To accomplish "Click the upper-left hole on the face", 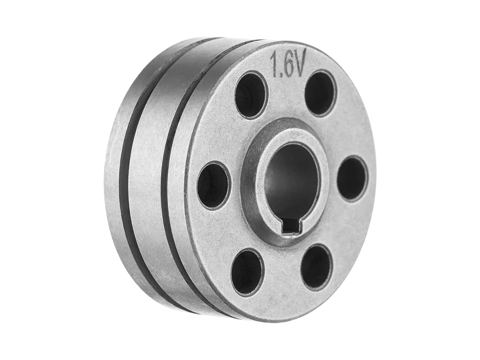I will click(251, 95).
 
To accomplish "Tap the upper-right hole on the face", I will click(320, 93).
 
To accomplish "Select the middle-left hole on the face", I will click(213, 185).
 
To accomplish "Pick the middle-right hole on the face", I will click(352, 179).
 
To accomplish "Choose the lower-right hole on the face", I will click(316, 267).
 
